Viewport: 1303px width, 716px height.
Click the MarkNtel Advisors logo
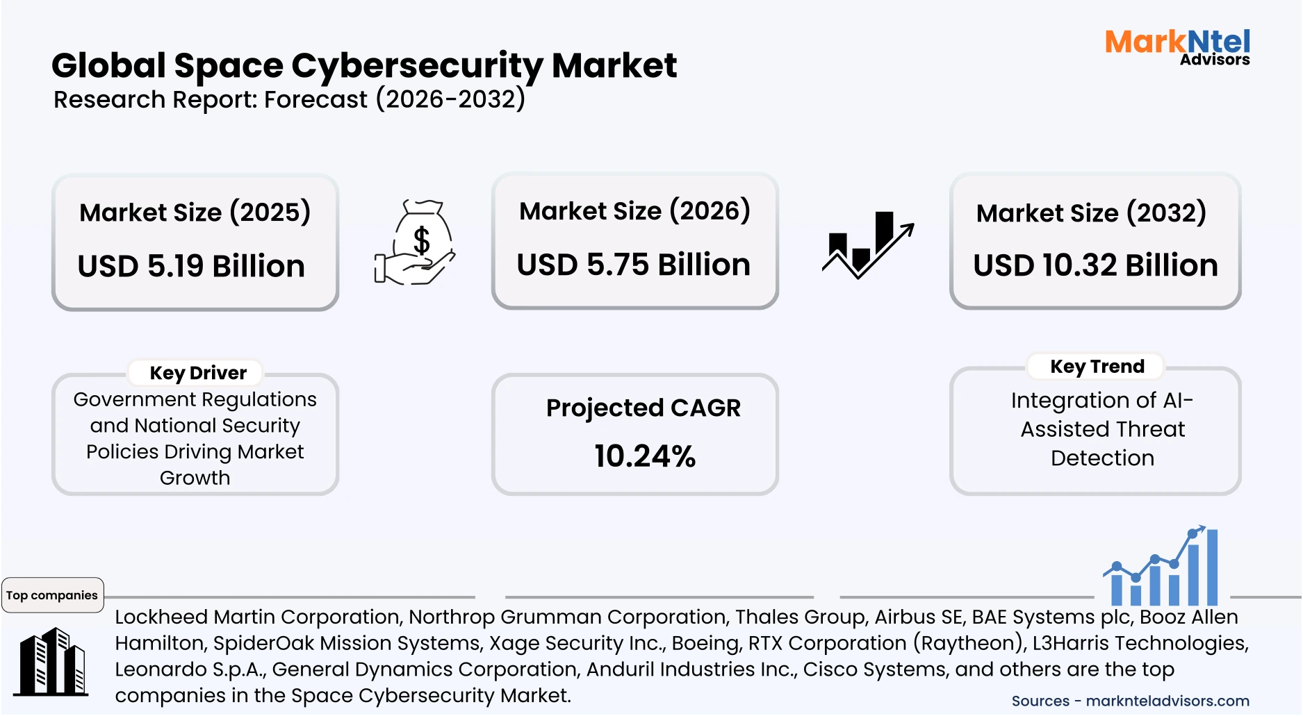[1177, 47]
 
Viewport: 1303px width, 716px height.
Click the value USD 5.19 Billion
[191, 266]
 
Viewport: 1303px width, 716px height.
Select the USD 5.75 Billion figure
[633, 265]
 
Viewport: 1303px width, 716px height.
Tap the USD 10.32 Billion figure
[1095, 265]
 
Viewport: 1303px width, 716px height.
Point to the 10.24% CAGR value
[644, 456]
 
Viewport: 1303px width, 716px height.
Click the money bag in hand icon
[415, 242]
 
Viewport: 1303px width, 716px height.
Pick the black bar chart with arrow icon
[867, 244]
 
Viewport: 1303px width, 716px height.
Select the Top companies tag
[52, 595]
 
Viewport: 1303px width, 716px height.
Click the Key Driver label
[198, 373]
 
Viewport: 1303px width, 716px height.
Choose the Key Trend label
[1097, 366]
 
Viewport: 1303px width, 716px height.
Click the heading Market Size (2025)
[195, 212]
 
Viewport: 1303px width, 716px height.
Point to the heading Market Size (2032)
[1091, 213]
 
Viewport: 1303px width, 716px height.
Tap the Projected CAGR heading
[643, 408]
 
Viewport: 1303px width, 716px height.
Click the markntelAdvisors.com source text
[1167, 701]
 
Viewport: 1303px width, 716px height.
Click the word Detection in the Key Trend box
[1102, 458]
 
